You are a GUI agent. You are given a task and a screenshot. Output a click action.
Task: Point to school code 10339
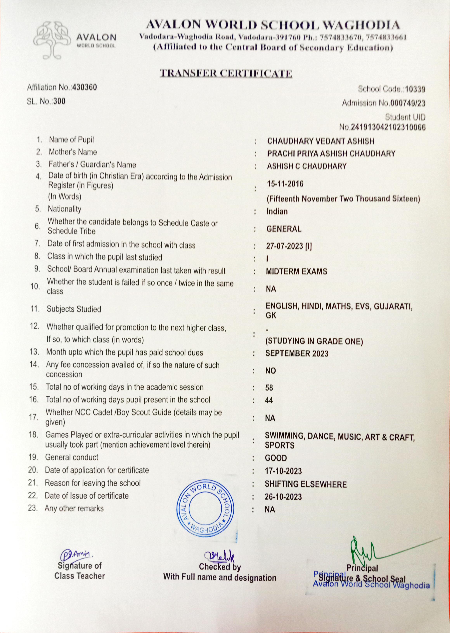click(415, 89)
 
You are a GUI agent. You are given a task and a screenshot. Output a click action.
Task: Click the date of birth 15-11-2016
click(285, 184)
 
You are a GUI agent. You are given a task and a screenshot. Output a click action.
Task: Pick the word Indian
click(277, 211)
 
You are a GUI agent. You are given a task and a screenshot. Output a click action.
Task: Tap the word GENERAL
click(284, 229)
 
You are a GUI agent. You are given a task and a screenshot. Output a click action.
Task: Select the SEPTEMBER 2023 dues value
click(297, 354)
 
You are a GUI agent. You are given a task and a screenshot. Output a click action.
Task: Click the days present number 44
click(269, 400)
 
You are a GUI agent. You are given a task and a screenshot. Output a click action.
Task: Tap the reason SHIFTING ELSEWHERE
click(306, 484)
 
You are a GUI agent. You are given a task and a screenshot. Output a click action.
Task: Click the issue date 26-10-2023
click(283, 497)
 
